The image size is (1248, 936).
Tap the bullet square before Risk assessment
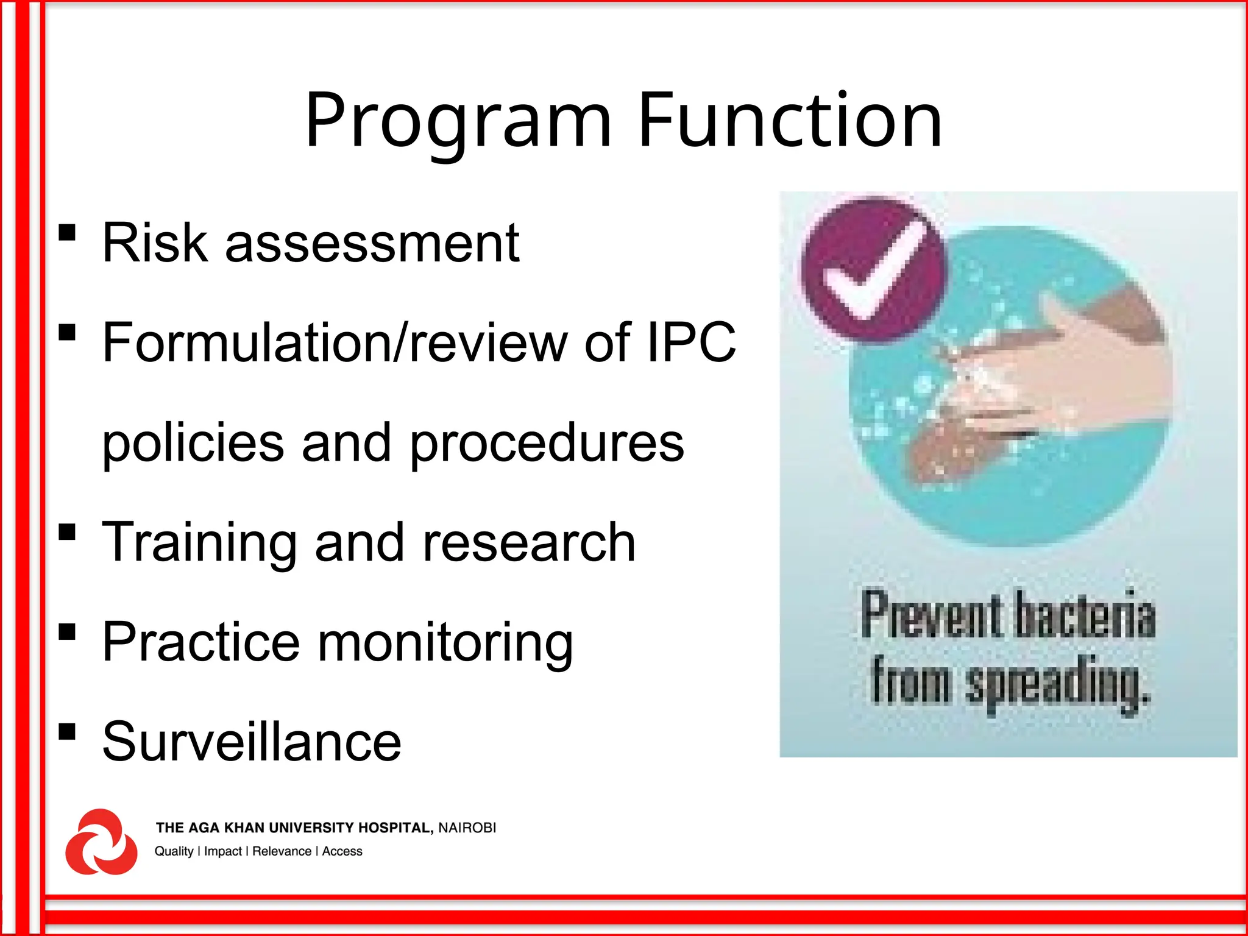pos(67,233)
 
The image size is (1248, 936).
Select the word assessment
pos(372,243)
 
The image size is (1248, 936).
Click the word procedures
pos(547,443)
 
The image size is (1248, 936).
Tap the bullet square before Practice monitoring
pos(67,632)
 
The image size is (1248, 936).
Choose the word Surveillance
pos(252,742)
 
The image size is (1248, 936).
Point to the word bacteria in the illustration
pos(1085,615)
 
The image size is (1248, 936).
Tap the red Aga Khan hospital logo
pos(101,842)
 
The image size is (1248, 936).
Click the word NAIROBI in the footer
pos(467,828)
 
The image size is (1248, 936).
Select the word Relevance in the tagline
pos(282,851)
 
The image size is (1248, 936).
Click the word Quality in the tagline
pos(174,851)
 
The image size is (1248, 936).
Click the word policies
pos(193,443)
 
